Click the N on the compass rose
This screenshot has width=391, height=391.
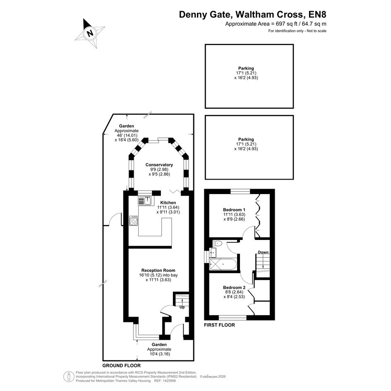pos(90,33)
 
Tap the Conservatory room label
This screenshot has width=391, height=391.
pos(159,165)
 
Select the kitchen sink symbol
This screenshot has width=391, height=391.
pos(145,201)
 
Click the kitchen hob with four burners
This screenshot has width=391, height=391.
pos(133,221)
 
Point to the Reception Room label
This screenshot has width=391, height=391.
pos(158,270)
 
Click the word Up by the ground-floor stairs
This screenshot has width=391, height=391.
pos(182,307)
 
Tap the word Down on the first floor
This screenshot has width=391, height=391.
pos(263,252)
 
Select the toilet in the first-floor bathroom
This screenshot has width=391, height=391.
pos(218,243)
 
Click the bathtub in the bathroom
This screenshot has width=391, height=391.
pos(223,264)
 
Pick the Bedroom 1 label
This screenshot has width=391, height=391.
pos(234,210)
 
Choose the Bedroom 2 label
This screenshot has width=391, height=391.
pos(234,288)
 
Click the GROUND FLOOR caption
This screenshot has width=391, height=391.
pos(122,366)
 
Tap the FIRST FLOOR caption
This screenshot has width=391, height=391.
pos(219,325)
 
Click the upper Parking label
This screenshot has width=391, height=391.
pos(246,68)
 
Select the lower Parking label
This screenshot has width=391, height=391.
pos(246,139)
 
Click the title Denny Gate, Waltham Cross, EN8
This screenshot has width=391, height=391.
pos(253,14)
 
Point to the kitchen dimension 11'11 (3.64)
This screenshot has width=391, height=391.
pos(168,207)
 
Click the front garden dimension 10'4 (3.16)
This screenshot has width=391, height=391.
pos(158,354)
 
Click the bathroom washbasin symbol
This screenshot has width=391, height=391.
pos(213,253)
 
